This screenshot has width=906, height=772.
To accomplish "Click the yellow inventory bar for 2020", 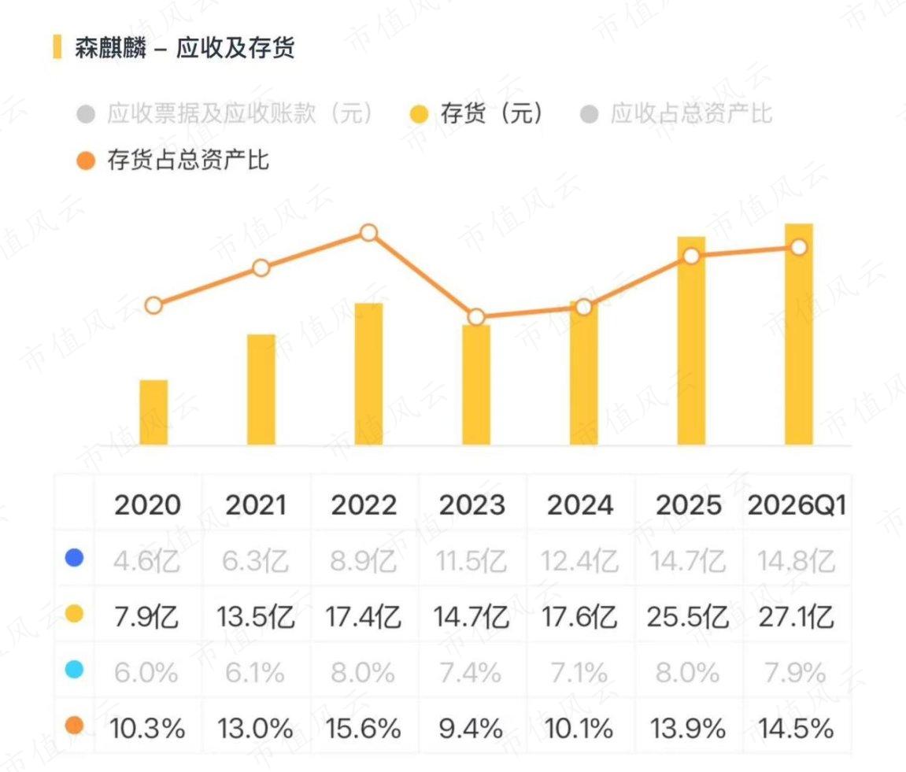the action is [153, 412].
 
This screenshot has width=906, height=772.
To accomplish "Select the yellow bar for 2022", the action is [368, 374].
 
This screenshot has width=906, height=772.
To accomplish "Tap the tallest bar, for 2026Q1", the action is [798, 334].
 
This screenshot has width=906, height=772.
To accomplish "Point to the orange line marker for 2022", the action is [368, 233].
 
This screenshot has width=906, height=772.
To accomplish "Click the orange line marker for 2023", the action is [476, 316].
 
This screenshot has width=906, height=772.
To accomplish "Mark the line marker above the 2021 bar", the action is [261, 268].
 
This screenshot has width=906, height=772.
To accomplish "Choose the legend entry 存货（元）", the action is [477, 113].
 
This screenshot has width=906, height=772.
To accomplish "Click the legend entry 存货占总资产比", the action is [172, 160].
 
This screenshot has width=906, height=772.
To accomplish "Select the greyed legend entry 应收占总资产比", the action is [676, 113].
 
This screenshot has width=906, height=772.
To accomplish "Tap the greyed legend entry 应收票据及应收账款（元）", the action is [225, 113].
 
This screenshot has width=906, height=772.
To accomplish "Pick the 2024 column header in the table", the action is [580, 505].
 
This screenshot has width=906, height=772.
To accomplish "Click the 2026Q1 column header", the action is [797, 505].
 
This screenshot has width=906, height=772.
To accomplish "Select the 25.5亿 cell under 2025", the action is [688, 616].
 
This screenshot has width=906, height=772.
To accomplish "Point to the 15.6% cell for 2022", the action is [364, 728].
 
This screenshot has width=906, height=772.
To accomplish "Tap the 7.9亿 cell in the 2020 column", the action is [146, 616].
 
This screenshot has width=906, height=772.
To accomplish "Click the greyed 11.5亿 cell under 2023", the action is [471, 560].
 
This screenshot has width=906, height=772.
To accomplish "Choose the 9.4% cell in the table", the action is [471, 728].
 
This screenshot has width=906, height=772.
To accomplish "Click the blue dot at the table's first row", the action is [74, 558].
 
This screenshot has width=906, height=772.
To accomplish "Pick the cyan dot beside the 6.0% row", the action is [74, 670].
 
